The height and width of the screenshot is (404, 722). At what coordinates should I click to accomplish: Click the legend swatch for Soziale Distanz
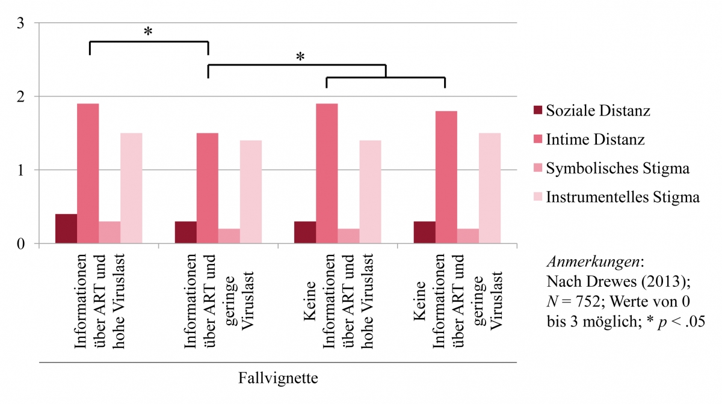[x=537, y=111]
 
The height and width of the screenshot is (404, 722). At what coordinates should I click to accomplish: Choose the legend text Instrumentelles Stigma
[x=623, y=198]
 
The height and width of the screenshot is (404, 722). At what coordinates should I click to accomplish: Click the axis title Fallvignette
[x=278, y=379]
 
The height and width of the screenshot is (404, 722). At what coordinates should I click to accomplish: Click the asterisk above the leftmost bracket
[x=148, y=31]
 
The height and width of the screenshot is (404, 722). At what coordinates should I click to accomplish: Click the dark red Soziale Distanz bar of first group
[x=66, y=229]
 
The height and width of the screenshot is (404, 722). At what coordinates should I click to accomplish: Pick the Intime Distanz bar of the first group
[x=88, y=174]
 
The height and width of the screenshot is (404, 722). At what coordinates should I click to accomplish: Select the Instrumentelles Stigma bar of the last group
[x=490, y=188]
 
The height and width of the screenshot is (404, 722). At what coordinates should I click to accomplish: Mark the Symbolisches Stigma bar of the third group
[x=348, y=236]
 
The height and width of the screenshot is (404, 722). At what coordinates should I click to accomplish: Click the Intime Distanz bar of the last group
[x=446, y=177]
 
